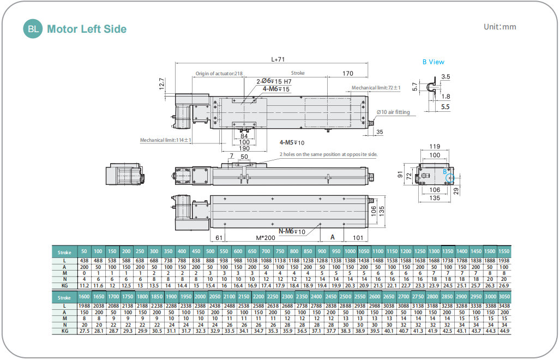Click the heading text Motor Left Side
pyautogui.click(x=87, y=29)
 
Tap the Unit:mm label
pyautogui.click(x=499, y=27)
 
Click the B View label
pyautogui.click(x=433, y=62)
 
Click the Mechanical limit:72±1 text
pyautogui.click(x=376, y=88)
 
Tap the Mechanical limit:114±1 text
pyautogui.click(x=165, y=140)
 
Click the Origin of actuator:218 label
pyautogui.click(x=219, y=74)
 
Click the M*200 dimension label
pyautogui.click(x=268, y=238)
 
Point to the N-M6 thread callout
pyautogui.click(x=293, y=231)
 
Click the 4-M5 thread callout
pyautogui.click(x=293, y=143)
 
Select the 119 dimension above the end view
pyautogui.click(x=435, y=146)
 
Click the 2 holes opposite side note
pyautogui.click(x=328, y=154)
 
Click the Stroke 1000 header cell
pyautogui.click(x=350, y=251)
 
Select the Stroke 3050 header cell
pyautogui.click(x=504, y=297)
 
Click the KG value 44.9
pyautogui.click(x=504, y=331)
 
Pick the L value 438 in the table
pyautogui.click(x=84, y=261)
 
